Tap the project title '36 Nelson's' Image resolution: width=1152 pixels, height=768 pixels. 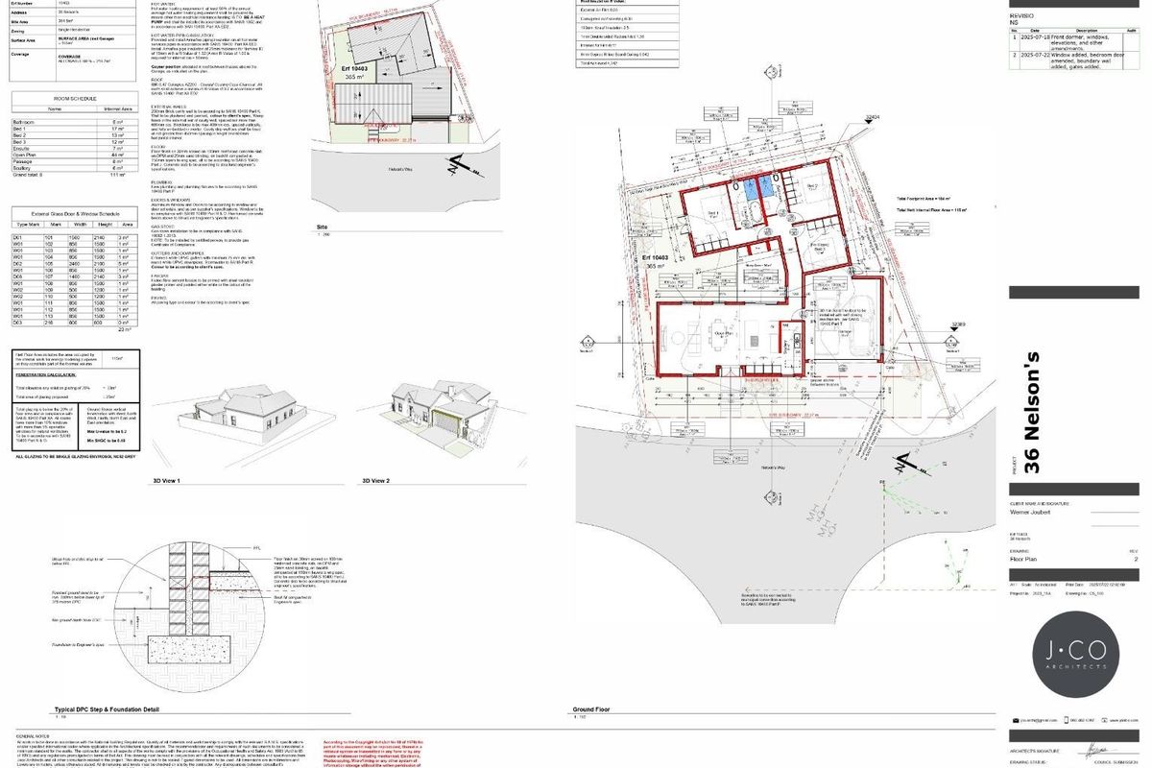[1032, 413]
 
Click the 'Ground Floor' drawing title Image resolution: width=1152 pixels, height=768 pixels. [592, 710]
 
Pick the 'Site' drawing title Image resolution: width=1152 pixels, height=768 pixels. [322, 228]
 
